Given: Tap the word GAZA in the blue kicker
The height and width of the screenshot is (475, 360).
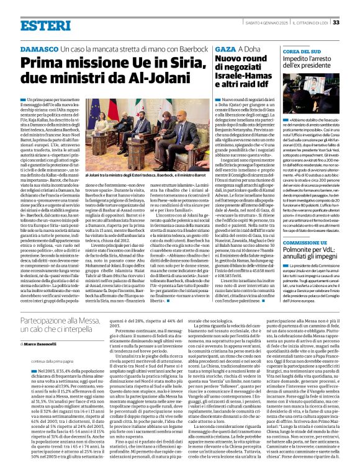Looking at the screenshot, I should coord(226,48).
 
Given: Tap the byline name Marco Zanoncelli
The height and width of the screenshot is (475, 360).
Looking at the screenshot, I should coord(42,342).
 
